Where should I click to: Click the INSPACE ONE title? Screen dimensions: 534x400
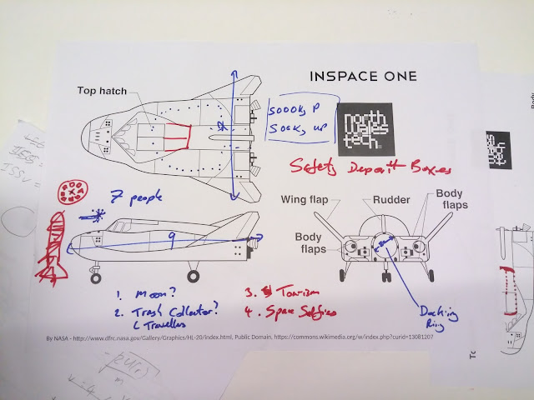coord(363,76)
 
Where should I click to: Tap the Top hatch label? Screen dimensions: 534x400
coord(102,90)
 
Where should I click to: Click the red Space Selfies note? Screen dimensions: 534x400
coord(293,312)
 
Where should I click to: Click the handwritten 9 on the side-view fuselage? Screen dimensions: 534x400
coord(172,239)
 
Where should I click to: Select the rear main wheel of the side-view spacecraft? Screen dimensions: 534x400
coord(194,275)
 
